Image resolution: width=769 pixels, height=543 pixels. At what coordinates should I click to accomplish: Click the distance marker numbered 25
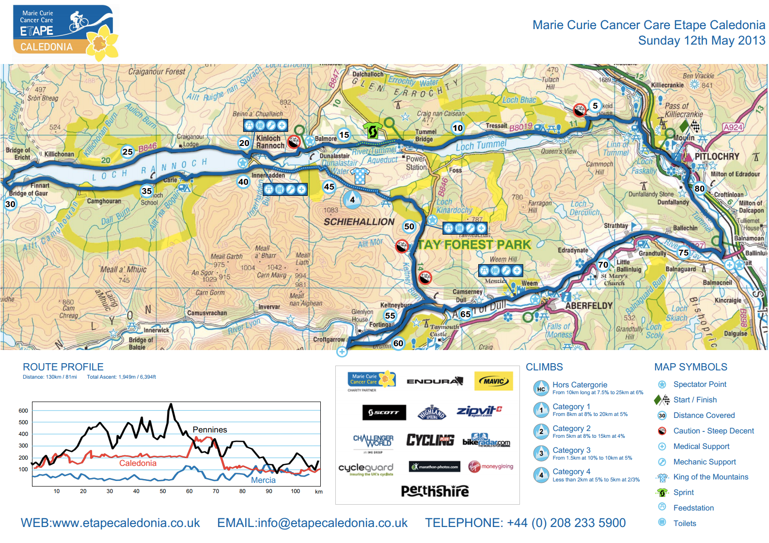click(127, 152)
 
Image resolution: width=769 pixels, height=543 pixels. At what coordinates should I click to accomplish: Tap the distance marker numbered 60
click(398, 343)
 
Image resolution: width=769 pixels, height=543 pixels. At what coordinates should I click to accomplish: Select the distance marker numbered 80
click(699, 189)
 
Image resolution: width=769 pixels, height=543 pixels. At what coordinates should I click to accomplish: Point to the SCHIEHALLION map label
click(359, 222)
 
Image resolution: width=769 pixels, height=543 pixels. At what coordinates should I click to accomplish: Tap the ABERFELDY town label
click(589, 306)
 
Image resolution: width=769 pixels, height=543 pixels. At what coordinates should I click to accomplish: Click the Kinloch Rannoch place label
click(270, 142)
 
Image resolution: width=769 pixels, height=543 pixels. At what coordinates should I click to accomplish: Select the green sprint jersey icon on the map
click(373, 130)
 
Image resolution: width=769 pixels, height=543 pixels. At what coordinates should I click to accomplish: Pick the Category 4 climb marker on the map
click(352, 199)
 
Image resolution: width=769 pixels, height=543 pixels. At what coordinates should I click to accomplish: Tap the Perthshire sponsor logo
click(435, 491)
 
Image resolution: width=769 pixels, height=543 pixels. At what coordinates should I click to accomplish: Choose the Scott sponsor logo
click(384, 413)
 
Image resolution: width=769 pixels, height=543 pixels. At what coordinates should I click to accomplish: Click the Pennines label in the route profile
click(210, 430)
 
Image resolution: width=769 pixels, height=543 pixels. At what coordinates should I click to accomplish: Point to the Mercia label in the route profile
click(263, 480)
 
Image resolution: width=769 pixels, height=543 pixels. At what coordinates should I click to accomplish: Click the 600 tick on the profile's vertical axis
click(23, 411)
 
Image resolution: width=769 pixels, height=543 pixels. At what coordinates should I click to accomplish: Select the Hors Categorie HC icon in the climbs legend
click(541, 388)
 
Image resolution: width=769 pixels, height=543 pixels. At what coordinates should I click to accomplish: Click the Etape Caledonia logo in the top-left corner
click(64, 32)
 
